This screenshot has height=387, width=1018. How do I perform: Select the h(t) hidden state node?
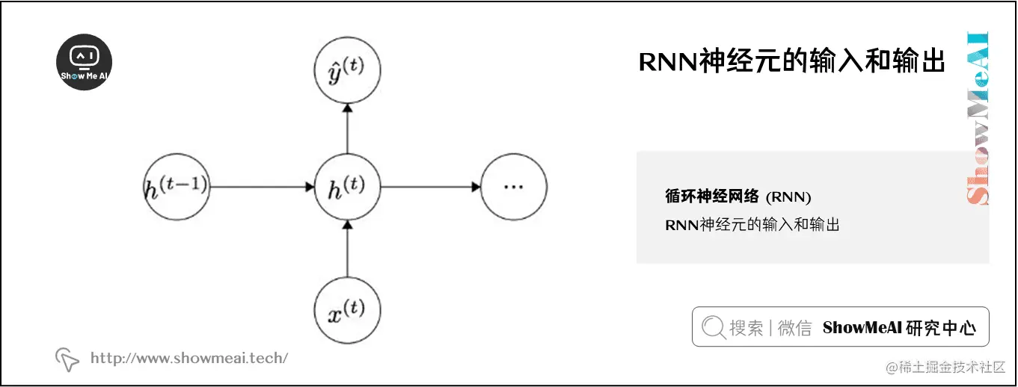coord(347,187)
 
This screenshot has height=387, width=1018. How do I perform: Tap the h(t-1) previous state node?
coord(177,187)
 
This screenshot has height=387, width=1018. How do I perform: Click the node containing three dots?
coord(513,187)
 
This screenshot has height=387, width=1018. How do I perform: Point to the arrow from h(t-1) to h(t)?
coord(262,187)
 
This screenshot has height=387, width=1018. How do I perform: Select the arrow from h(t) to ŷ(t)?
coord(347,129)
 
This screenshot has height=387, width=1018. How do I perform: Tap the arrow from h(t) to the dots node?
coord(430,187)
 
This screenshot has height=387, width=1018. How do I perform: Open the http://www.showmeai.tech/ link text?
coord(188,359)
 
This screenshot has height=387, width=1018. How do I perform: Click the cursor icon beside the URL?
coord(67,359)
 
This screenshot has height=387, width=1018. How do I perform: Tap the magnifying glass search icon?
coord(714,327)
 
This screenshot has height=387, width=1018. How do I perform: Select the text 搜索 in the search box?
coord(746,328)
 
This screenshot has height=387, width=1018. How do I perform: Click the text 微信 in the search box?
coord(794,328)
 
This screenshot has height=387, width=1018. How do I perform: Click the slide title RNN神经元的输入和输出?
coord(792,63)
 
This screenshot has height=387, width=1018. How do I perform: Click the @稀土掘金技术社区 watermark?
coord(945,368)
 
